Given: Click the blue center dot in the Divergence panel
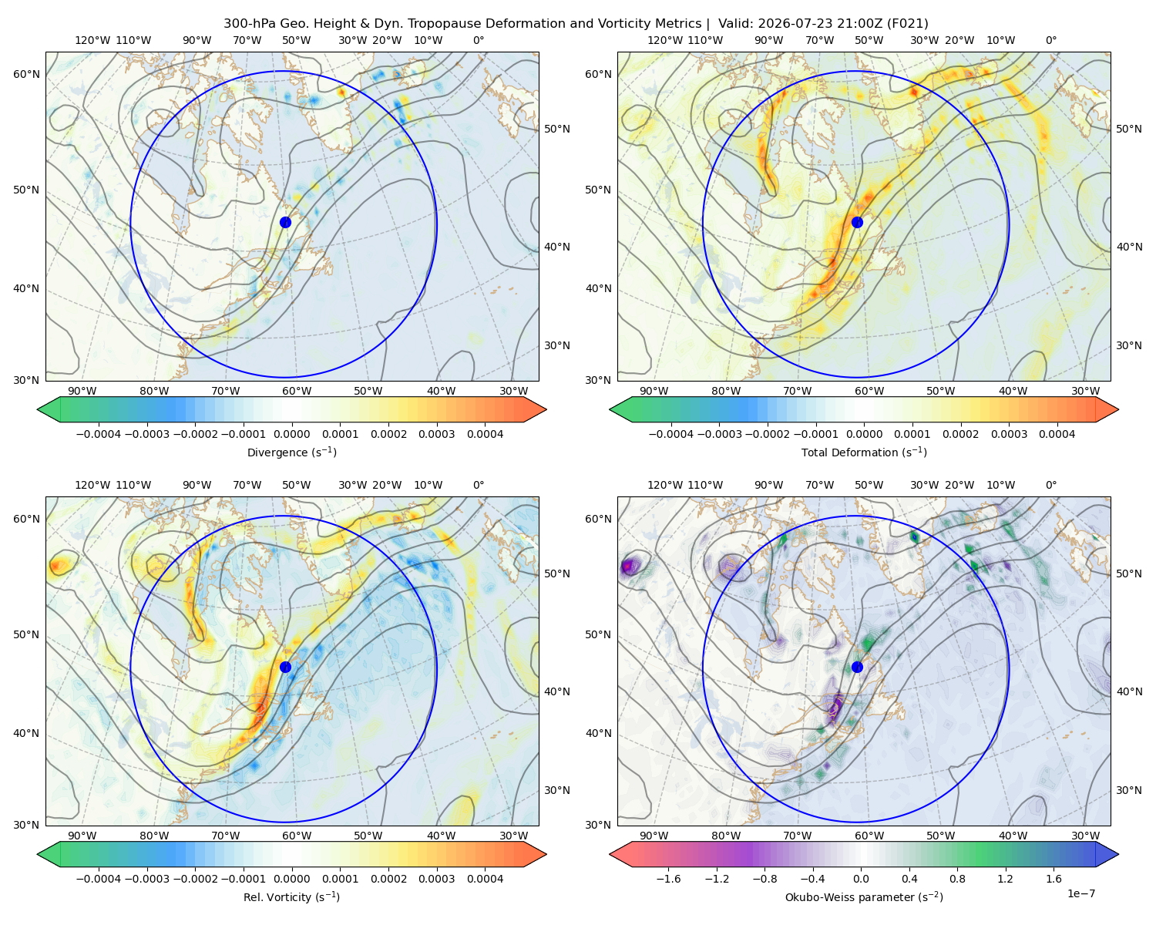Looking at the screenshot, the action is pos(285,222).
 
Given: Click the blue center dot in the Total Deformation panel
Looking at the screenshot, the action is pos(857,222).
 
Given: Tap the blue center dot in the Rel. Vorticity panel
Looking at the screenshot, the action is pos(285,667).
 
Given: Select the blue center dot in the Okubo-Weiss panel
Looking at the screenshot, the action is pos(857,667).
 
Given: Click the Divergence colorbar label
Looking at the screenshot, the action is pos(291,452).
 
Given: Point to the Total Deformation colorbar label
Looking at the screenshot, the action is pos(864,452).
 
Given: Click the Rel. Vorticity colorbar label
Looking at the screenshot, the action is pos(291,896).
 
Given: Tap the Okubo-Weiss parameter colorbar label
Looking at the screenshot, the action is pos(864,896).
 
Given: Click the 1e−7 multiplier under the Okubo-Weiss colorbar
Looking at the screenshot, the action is pos(1080,893).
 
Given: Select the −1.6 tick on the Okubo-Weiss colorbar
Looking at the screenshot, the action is pos(668,878).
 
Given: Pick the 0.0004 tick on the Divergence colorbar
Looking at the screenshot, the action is pos(485,434).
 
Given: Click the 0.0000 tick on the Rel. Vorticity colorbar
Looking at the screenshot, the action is pos(291,878).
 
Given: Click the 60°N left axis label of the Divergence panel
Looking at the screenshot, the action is pos(26,74).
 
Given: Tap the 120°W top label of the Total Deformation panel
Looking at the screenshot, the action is pos(664,40).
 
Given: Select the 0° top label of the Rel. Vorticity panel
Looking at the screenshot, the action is pos(479,485).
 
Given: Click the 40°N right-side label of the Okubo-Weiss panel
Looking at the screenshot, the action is pos(1129,691).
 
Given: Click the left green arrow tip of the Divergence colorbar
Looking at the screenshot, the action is pos(38,409).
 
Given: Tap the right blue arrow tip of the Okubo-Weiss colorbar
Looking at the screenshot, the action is pos(1117,854).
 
